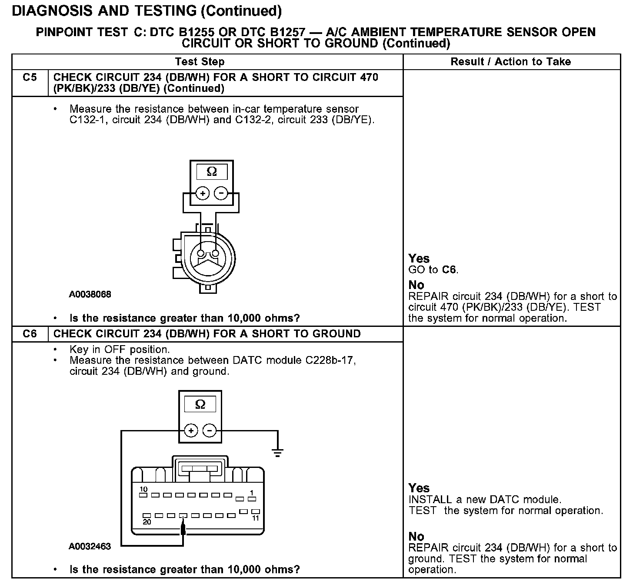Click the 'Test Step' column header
click(x=200, y=62)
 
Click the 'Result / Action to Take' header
click(x=510, y=62)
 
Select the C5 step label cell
click(x=30, y=78)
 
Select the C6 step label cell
click(x=30, y=334)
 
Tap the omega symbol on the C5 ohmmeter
click(x=212, y=172)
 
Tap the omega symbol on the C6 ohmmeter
click(x=200, y=405)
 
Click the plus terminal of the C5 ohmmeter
click(x=202, y=193)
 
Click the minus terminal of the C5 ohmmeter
click(x=221, y=193)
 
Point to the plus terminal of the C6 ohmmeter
click(x=191, y=431)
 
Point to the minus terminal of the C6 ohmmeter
click(x=210, y=431)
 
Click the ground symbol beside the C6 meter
click(x=277, y=453)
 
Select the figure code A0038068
click(x=90, y=295)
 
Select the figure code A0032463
click(x=90, y=546)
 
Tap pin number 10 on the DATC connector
click(x=143, y=490)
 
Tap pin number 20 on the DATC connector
click(x=147, y=522)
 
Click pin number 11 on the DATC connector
click(x=256, y=518)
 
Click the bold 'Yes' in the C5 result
click(x=419, y=259)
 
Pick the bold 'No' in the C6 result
click(x=416, y=536)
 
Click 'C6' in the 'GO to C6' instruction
click(x=450, y=270)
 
